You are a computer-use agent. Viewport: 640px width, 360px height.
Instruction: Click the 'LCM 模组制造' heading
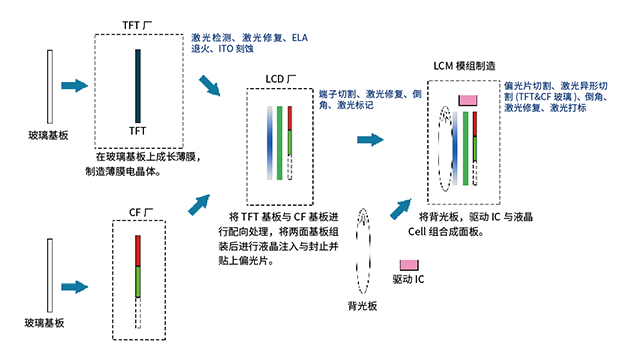469,64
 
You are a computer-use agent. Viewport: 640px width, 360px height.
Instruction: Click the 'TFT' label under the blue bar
138,131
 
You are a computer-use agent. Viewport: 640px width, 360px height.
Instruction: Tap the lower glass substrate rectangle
47,276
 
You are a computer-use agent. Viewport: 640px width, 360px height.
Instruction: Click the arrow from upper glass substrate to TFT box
76,87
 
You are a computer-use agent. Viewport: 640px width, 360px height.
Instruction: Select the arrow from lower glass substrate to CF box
75,273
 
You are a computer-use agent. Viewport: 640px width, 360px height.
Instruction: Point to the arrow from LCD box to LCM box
372,140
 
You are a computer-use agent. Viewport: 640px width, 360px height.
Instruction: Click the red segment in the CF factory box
139,247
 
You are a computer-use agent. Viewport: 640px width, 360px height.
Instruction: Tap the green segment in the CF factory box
139,279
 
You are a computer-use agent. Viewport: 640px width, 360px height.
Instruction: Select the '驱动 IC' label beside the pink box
407,280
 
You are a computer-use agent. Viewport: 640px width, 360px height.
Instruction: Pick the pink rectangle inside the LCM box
468,100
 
